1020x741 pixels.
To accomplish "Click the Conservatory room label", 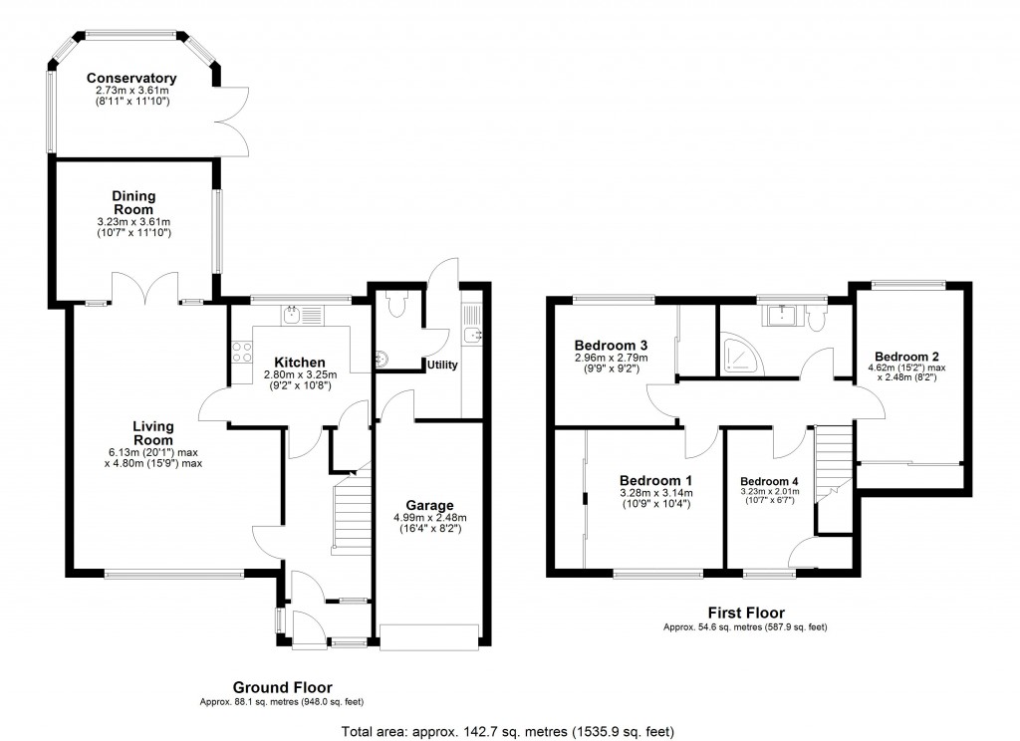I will [x=131, y=79].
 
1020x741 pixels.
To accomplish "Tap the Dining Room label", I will [x=132, y=203].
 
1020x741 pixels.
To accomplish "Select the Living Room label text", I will [x=153, y=433].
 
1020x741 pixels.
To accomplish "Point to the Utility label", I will [x=442, y=366].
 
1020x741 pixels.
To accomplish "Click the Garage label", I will [x=429, y=505].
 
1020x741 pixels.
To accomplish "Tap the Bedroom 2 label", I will [x=907, y=357].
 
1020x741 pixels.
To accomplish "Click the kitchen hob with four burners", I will [x=241, y=352].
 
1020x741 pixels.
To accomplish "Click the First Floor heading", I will [x=745, y=613].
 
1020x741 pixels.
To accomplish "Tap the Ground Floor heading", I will [x=282, y=687].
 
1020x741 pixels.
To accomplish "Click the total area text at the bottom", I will [x=509, y=731].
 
